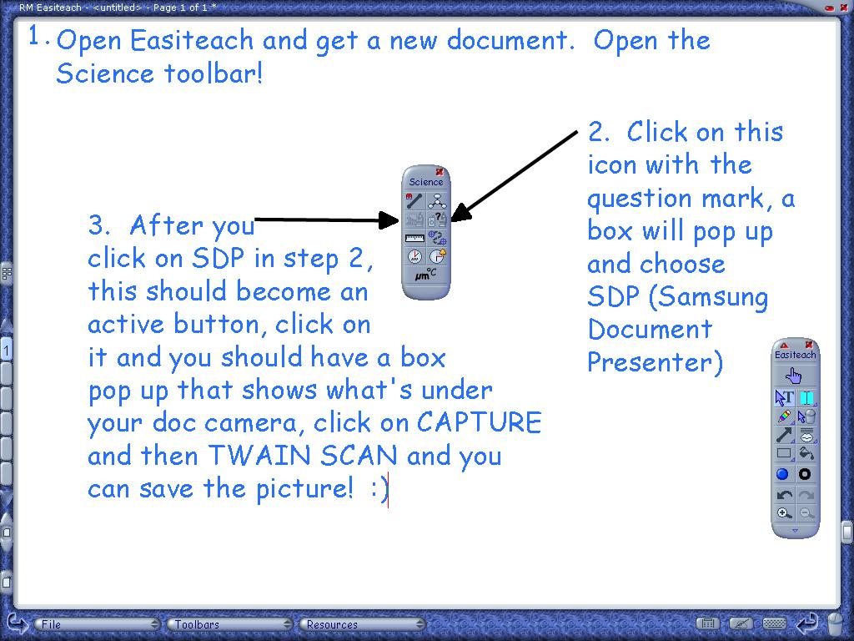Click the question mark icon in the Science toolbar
point(437,220)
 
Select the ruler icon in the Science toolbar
point(414,238)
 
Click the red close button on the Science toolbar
point(440,172)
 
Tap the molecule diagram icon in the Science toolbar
point(437,201)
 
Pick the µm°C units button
point(425,274)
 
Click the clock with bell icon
point(437,255)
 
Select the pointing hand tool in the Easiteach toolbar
point(794,376)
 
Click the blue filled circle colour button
point(782,474)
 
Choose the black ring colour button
point(805,474)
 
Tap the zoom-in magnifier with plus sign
point(784,513)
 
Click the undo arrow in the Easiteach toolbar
point(784,495)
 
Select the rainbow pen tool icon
point(784,416)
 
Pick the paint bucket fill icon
point(806,453)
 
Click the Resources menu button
point(362,624)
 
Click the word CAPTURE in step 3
point(480,422)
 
